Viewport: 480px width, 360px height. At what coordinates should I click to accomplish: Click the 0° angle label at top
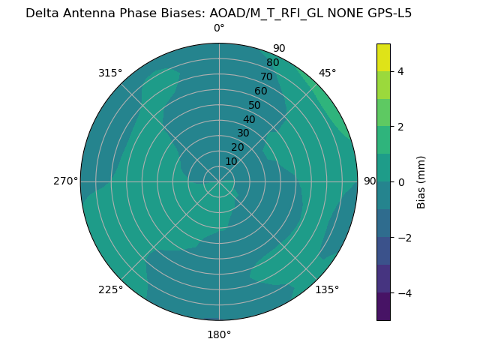(219, 28)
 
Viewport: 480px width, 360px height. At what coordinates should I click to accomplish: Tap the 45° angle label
(327, 73)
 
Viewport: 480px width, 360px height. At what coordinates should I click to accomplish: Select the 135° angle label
(327, 289)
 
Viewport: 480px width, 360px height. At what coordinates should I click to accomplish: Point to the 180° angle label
(219, 334)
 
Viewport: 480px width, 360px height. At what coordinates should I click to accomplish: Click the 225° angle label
(110, 289)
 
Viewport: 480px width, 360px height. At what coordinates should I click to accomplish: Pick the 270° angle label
(65, 181)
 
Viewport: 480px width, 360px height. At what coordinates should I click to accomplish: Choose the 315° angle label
(110, 73)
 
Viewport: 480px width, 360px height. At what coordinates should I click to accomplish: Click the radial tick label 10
(232, 161)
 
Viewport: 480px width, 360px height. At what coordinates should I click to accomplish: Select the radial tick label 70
(267, 77)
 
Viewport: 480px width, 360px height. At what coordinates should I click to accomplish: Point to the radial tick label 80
(273, 63)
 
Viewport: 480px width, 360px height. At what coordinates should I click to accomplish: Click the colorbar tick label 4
(401, 71)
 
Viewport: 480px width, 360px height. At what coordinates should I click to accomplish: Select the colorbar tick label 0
(401, 182)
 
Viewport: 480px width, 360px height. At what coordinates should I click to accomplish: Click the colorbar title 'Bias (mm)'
(421, 182)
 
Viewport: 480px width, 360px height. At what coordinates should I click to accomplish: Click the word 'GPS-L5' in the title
(386, 13)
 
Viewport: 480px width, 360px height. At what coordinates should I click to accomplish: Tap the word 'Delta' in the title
(42, 13)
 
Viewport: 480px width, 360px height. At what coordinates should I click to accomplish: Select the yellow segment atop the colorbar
(383, 57)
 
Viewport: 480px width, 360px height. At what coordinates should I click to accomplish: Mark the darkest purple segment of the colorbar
(383, 307)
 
